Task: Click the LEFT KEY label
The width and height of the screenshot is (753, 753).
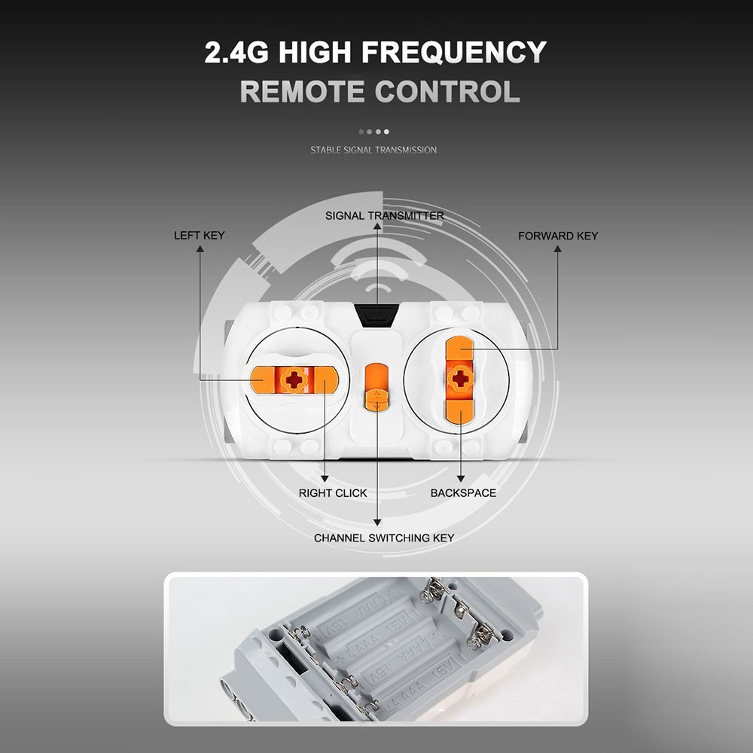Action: pos(200,235)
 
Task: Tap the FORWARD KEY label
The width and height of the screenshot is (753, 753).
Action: pos(558,236)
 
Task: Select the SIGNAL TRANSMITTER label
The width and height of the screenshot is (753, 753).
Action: pos(384,215)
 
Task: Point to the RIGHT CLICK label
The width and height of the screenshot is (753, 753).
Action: pos(333,492)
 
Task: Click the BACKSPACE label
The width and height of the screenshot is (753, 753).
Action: pos(463,492)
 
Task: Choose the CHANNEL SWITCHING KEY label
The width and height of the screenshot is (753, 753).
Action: pos(384,538)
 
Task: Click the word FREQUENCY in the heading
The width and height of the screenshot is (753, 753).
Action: pos(454,52)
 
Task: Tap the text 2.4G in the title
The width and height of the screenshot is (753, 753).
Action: pos(236,52)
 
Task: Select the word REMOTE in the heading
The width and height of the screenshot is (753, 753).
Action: pos(302,91)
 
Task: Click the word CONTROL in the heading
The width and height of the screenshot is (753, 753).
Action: pos(447,91)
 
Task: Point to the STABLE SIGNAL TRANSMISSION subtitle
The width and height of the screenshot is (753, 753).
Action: pos(373,150)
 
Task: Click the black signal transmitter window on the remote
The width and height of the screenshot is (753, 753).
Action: pos(377,316)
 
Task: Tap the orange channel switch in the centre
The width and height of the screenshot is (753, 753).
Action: pos(376,387)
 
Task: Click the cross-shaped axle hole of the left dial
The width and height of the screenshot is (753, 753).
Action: pos(294,380)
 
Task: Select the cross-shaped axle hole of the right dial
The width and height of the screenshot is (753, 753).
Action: pos(461,379)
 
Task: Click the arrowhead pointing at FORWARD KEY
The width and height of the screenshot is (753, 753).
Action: pos(557,248)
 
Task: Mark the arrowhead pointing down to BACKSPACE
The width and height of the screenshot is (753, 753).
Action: pos(461,479)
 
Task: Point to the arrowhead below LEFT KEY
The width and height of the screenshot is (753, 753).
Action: pos(200,248)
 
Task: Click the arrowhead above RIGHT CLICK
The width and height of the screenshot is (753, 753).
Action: pos(325,479)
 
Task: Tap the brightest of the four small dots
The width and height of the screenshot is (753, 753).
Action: pos(386,132)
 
